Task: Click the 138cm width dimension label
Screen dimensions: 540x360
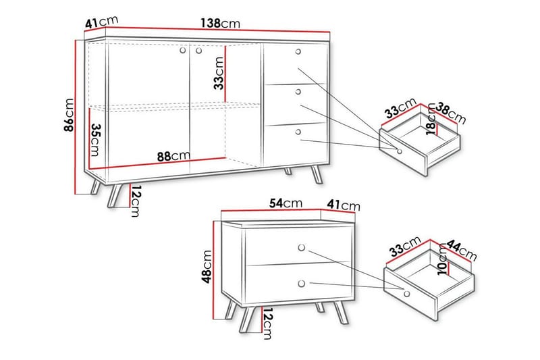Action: pos(221,24)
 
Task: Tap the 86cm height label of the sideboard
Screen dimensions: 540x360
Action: pos(69,115)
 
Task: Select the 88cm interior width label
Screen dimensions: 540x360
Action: pos(173,157)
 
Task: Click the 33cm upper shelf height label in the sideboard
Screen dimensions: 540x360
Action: pos(219,73)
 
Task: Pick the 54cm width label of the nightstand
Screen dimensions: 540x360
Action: pos(286,203)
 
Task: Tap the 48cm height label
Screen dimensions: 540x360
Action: pos(207,267)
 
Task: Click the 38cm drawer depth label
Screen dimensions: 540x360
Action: pos(450,113)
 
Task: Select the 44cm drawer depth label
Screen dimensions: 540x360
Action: pos(462,251)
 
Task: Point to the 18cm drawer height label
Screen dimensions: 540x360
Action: pos(431,119)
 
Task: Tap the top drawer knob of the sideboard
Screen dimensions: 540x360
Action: pos(298,52)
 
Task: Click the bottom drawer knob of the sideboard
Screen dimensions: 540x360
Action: pos(298,132)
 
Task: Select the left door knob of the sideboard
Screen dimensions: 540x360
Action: pos(183,51)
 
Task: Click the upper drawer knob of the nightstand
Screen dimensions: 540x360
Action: pos(302,248)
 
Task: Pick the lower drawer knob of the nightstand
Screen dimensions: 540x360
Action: pos(301,284)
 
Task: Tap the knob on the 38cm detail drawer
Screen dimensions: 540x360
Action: pos(400,151)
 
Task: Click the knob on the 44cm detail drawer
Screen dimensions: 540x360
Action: pos(407,294)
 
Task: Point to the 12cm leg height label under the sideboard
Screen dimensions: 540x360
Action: pos(136,201)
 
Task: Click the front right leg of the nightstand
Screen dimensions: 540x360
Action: pos(341,313)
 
